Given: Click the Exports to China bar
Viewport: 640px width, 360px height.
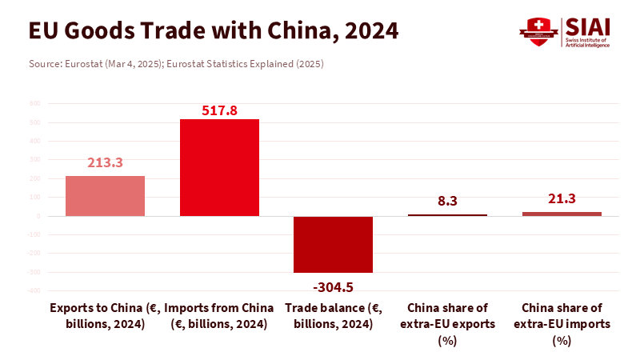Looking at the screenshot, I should [105, 196].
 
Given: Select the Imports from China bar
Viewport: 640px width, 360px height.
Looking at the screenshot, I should [219, 167].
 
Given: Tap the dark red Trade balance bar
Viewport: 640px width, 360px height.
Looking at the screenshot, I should [333, 244].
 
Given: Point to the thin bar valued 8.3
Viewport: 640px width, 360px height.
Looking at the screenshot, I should [447, 215].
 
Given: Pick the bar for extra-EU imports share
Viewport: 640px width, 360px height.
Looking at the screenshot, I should [562, 214].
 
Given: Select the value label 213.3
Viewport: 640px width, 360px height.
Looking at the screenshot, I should [105, 162].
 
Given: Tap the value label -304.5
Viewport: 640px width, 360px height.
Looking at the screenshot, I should [333, 286].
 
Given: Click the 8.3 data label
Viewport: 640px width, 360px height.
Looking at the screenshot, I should [447, 202].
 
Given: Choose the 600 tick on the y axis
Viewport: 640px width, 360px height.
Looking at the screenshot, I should [34, 104].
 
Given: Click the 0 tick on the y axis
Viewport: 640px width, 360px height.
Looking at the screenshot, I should [38, 216].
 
